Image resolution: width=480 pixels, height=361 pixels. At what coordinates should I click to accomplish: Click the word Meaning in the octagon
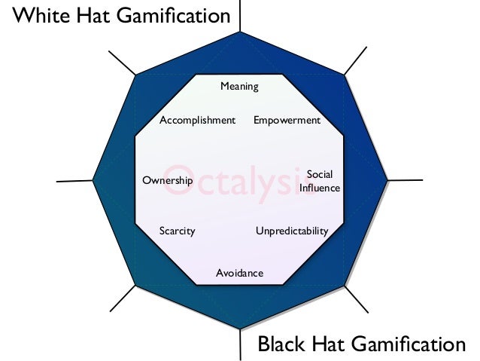point(239,87)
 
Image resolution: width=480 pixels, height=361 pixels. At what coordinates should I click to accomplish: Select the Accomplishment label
point(198,121)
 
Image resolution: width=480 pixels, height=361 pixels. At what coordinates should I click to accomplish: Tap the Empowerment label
point(287,121)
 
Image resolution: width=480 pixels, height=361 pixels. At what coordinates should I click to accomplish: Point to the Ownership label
point(167,181)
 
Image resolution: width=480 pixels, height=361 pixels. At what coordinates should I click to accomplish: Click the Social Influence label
point(320,182)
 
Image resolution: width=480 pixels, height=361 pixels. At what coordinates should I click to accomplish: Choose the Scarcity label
point(177,231)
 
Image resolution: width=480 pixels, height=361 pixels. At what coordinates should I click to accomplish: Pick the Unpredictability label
point(292,231)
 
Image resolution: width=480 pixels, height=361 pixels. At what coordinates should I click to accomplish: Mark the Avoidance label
point(239,273)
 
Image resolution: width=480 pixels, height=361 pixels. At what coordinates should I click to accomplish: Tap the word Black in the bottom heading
point(283,345)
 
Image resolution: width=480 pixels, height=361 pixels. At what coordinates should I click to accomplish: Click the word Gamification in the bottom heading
point(406,345)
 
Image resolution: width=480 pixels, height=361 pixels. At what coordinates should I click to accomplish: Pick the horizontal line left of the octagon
point(74,181)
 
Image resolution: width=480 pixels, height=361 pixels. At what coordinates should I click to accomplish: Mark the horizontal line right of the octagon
point(405,180)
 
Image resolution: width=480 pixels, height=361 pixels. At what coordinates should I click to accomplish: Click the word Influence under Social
point(320,188)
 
